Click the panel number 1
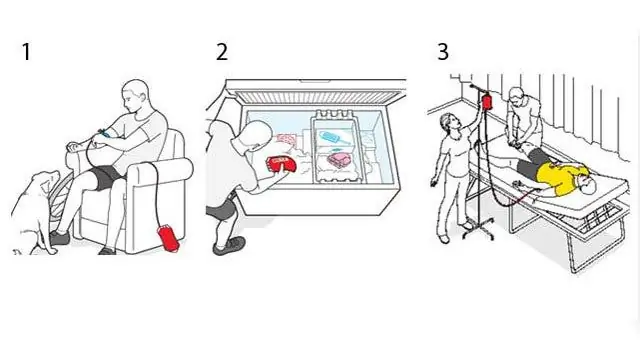(x=27, y=52)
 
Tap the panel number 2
(x=222, y=52)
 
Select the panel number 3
(x=443, y=52)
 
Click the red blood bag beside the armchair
(x=168, y=238)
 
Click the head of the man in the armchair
(x=136, y=96)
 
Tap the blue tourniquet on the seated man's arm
(x=104, y=133)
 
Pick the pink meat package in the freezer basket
(x=340, y=159)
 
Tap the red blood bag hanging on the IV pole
(x=487, y=102)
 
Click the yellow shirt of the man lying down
(x=560, y=178)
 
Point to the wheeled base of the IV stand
(x=478, y=232)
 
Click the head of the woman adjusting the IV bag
(x=450, y=122)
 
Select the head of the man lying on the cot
(x=587, y=186)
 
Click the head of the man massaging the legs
(x=516, y=96)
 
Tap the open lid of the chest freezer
(x=316, y=93)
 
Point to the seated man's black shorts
(x=104, y=177)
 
